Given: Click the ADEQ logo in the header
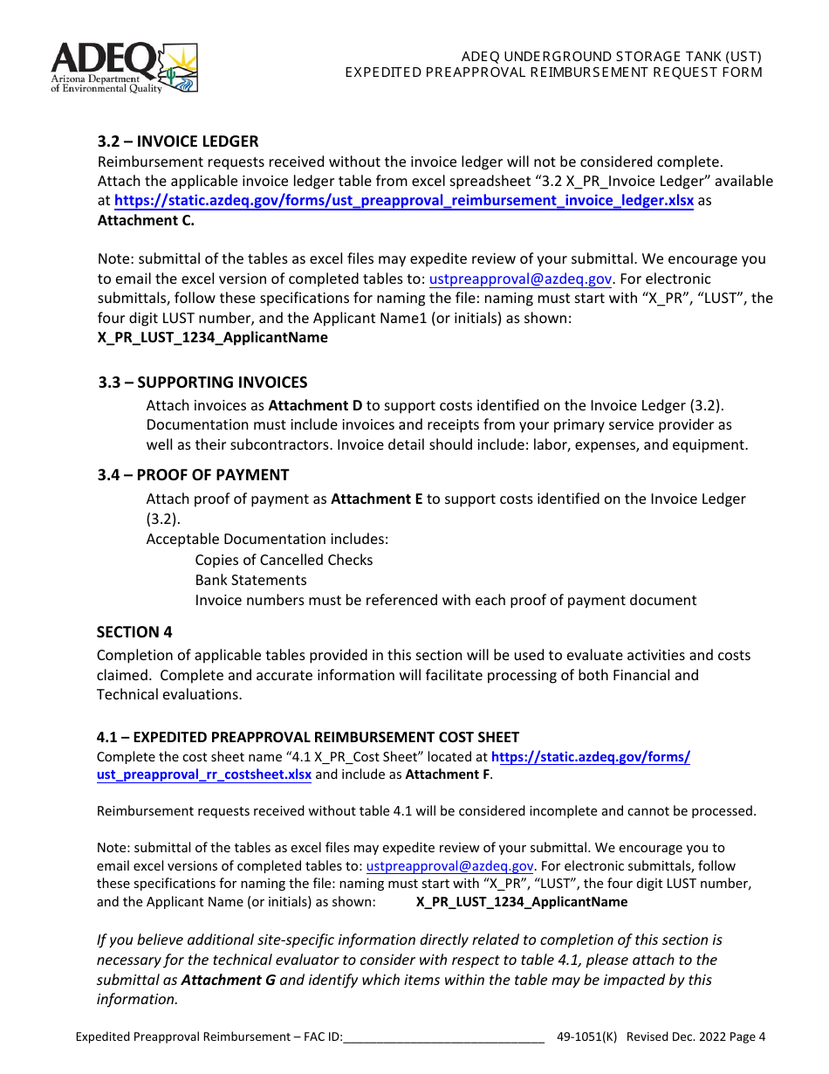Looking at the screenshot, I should coord(124,67).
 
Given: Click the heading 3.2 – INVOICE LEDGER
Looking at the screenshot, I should coord(177,141).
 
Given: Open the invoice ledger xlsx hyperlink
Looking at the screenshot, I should coord(404,201).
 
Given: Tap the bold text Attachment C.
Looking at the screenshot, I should coord(146,221).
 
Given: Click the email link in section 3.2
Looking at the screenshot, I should coord(521,279).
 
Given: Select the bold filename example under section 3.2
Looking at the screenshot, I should coord(212,338).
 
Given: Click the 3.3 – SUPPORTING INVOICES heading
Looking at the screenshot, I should coord(202,382).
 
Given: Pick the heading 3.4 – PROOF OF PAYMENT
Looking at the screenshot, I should coord(193,475).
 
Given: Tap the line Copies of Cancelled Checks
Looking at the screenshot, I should coord(284,561).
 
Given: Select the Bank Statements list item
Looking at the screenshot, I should coord(250,581).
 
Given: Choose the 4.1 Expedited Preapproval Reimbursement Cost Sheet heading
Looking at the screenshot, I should coord(307,737).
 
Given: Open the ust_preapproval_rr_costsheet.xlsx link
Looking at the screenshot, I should coord(203,775).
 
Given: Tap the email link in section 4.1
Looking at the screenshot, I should coord(449,866).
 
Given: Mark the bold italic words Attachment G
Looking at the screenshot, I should coord(228,980).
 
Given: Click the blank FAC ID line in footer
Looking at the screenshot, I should coord(444,1037).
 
